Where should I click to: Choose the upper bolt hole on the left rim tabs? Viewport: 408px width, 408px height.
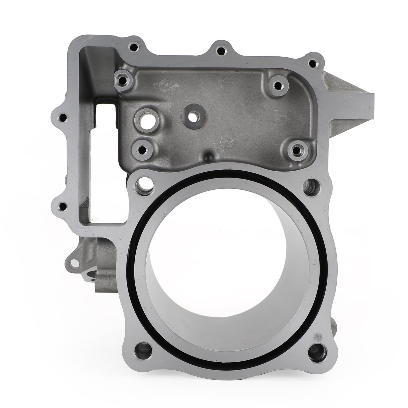point(62,118)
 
